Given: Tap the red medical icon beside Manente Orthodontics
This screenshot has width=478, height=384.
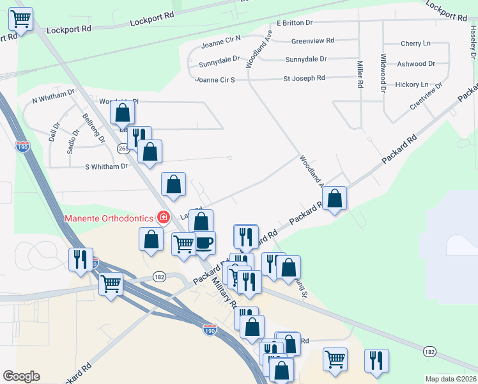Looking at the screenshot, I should pyautogui.click(x=164, y=218).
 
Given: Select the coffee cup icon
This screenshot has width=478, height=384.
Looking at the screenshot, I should pyautogui.click(x=204, y=243).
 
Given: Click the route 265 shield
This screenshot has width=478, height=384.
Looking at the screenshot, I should pyautogui.click(x=123, y=148).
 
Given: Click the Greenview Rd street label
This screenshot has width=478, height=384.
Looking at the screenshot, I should pyautogui.click(x=312, y=40).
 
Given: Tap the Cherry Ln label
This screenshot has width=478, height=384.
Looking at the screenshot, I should pyautogui.click(x=415, y=44).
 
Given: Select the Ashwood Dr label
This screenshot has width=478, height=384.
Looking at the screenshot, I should pyautogui.click(x=415, y=64).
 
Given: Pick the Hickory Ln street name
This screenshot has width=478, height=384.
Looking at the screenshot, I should pyautogui.click(x=412, y=84).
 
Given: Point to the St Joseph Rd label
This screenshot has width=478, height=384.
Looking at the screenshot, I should pyautogui.click(x=304, y=78).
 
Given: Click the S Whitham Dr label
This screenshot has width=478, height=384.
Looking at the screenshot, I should pyautogui.click(x=107, y=166).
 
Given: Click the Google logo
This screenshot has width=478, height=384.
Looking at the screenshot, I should pyautogui.click(x=21, y=376).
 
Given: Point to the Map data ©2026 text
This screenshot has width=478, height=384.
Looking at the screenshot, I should pyautogui.click(x=451, y=379).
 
